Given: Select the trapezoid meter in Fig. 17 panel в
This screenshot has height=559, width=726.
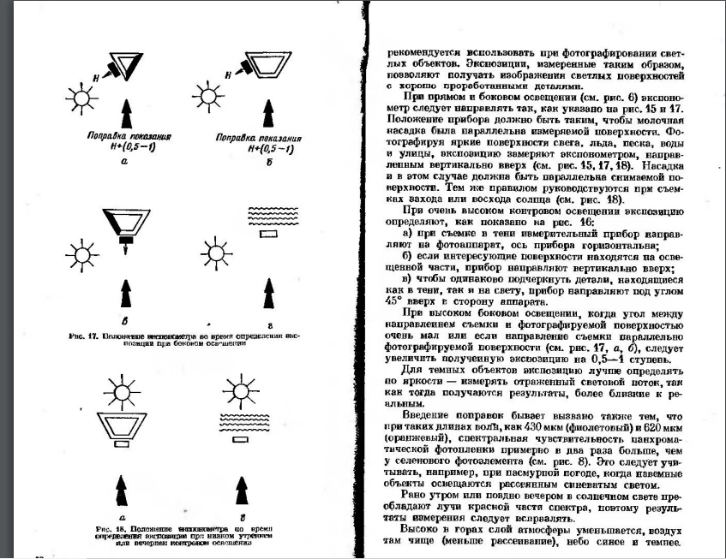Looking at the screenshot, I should point(126,223).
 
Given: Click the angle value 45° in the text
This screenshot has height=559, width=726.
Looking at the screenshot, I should point(393,300).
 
